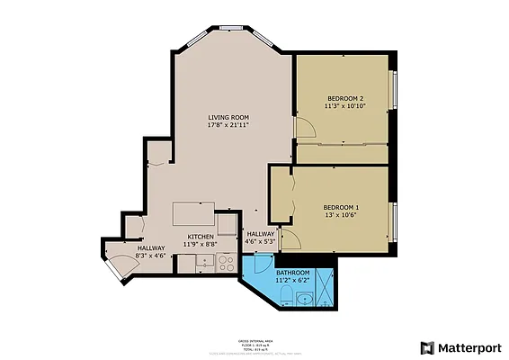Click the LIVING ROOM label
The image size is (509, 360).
pyautogui.click(x=228, y=118)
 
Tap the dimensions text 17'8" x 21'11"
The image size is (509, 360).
pyautogui.click(x=228, y=126)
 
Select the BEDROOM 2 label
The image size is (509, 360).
pyautogui.click(x=345, y=97)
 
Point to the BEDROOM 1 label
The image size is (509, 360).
pyautogui.click(x=341, y=207)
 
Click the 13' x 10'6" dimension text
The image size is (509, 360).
pyautogui.click(x=341, y=215)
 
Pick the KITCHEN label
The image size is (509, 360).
pyautogui.click(x=201, y=236)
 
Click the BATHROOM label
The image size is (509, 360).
pyautogui.click(x=292, y=272)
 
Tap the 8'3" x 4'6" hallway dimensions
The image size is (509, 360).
pyautogui.click(x=149, y=256)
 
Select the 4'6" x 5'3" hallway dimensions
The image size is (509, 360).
pyautogui.click(x=260, y=241)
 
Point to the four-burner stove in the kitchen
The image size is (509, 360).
pyautogui.click(x=226, y=264)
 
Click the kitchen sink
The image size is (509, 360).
pyautogui.click(x=203, y=265)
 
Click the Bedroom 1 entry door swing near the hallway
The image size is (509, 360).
pyautogui.click(x=290, y=240)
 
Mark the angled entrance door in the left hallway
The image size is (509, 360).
pyautogui.click(x=119, y=267)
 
